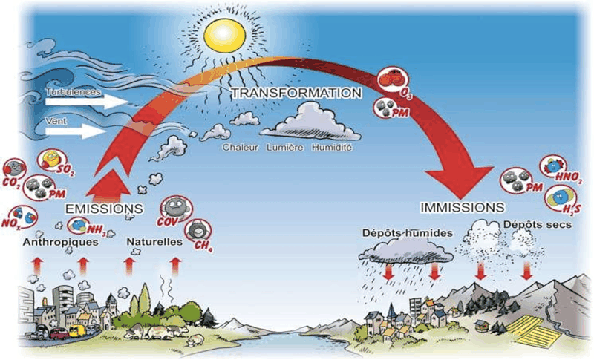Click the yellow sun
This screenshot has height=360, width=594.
tap(225, 34)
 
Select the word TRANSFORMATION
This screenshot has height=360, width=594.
tap(296, 93)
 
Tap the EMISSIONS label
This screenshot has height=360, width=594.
tap(104, 209)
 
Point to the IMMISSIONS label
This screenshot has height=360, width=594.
tap(463, 207)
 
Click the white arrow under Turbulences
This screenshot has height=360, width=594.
tap(86, 102)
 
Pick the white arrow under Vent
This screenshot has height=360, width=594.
tap(76, 131)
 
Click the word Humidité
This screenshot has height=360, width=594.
tap(332, 148)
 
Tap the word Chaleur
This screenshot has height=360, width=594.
tap(240, 148)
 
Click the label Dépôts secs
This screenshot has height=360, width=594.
tap(537, 225)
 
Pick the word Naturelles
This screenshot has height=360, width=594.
tap(154, 241)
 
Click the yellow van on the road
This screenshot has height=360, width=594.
tap(78, 330)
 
